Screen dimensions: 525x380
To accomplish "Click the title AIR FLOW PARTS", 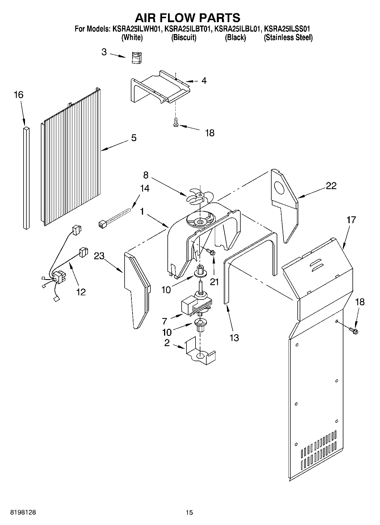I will pyautogui.click(x=187, y=18).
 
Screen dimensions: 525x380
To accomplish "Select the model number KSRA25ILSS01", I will pyautogui.click(x=287, y=29).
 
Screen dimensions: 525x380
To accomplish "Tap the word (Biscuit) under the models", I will pyautogui.click(x=184, y=37).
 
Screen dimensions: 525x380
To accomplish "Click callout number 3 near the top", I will pyautogui.click(x=104, y=52).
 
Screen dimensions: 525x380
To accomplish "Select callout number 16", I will pyautogui.click(x=18, y=95).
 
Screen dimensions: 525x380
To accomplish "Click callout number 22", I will pyautogui.click(x=331, y=186).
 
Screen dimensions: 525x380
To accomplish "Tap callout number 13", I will pyautogui.click(x=234, y=338).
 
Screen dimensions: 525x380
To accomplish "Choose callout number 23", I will pyautogui.click(x=99, y=256).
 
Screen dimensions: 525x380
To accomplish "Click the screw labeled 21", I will pyautogui.click(x=211, y=252).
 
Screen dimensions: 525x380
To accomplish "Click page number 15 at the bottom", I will pyautogui.click(x=189, y=512).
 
